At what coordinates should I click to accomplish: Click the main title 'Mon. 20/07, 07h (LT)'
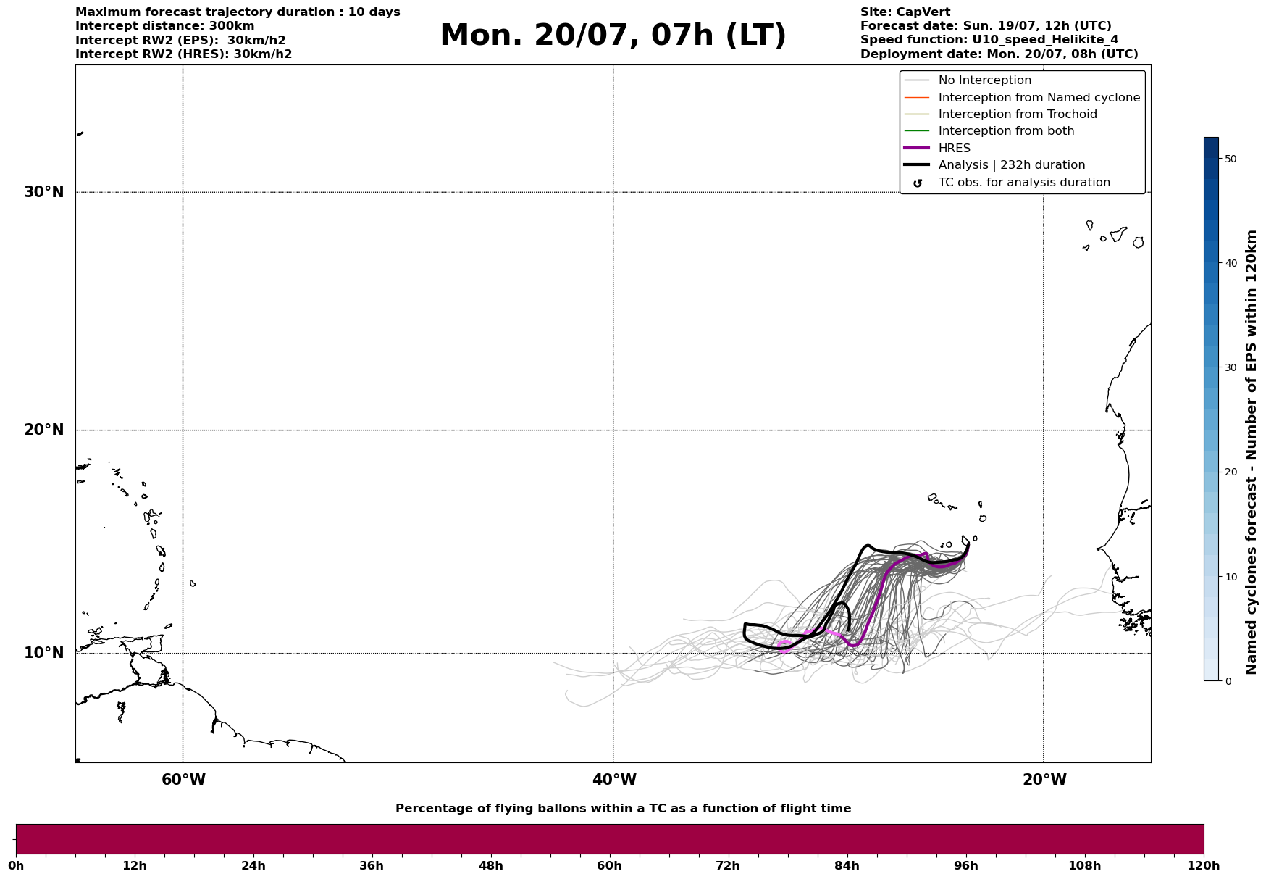(613, 36)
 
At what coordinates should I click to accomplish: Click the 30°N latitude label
(44, 192)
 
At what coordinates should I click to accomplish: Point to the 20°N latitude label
(44, 430)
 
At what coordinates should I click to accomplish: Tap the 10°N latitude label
(44, 653)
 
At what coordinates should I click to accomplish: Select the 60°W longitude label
(183, 780)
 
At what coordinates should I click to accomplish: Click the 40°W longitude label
(614, 780)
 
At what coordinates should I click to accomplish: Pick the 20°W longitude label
(1044, 780)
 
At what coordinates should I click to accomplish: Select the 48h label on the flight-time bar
(490, 866)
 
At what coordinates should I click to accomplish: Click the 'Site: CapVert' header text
(905, 12)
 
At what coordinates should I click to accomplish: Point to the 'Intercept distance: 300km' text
(165, 26)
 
